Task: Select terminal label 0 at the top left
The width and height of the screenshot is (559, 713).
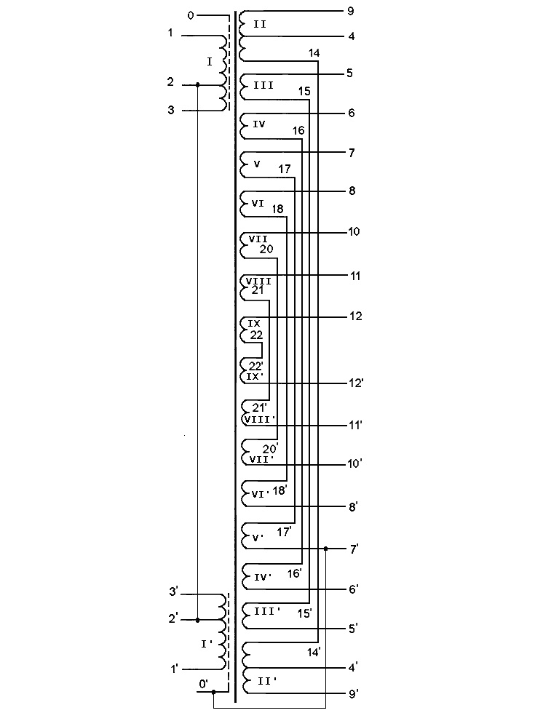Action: pyautogui.click(x=191, y=15)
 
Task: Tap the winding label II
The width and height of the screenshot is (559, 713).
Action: pyautogui.click(x=259, y=25)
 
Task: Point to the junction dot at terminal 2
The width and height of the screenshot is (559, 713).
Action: pyautogui.click(x=198, y=85)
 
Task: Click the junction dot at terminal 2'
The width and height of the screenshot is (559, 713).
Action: pyautogui.click(x=197, y=621)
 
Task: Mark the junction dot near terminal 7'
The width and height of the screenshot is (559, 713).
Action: pyautogui.click(x=325, y=549)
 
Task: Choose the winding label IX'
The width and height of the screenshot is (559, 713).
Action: pyautogui.click(x=253, y=377)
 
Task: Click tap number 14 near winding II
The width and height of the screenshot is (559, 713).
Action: pyautogui.click(x=314, y=53)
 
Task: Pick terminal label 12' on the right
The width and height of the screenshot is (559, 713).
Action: pyautogui.click(x=357, y=383)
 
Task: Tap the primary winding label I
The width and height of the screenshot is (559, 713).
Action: pyautogui.click(x=210, y=62)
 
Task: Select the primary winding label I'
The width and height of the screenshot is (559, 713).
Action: pyautogui.click(x=207, y=644)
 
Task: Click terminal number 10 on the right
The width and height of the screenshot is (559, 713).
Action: pyautogui.click(x=354, y=232)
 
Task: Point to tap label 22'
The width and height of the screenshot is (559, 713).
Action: pyautogui.click(x=255, y=365)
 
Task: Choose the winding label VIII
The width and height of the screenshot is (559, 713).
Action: pyautogui.click(x=258, y=281)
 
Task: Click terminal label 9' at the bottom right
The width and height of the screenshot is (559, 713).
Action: pyautogui.click(x=353, y=694)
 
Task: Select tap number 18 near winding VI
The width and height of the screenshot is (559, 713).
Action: pyautogui.click(x=277, y=210)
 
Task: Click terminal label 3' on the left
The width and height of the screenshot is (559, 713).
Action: pyautogui.click(x=174, y=591)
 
